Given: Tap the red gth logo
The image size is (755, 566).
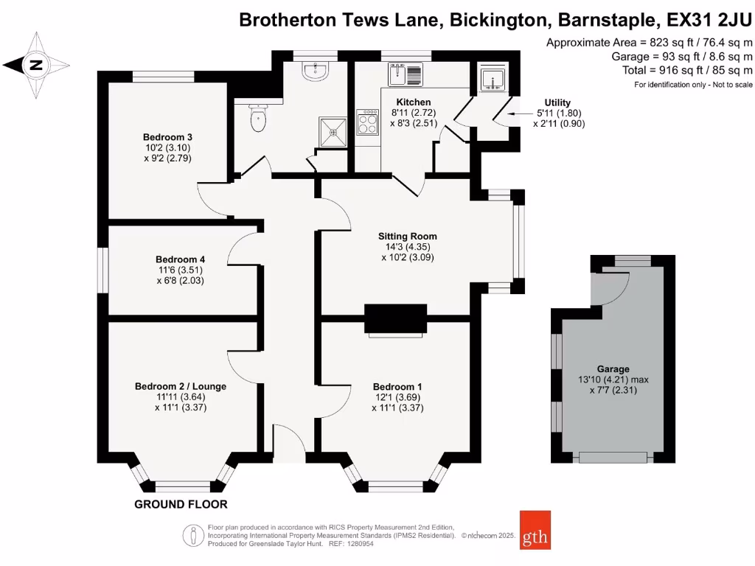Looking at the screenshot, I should pyautogui.click(x=535, y=529).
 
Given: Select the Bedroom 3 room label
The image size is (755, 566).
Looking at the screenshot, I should pyautogui.click(x=168, y=137).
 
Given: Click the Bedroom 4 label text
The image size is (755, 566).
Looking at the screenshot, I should pyautogui.click(x=180, y=259).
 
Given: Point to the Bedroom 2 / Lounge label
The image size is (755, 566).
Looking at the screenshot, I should pyautogui.click(x=181, y=386).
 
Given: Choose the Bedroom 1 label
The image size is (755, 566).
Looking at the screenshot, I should pyautogui.click(x=397, y=387).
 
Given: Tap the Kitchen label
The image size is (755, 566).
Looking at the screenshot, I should pyautogui.click(x=414, y=102).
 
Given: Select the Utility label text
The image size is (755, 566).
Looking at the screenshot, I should pyautogui.click(x=557, y=103).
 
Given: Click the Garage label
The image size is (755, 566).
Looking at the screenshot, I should pyautogui.click(x=613, y=369).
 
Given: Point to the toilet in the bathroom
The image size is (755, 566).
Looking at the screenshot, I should pyautogui.click(x=257, y=119).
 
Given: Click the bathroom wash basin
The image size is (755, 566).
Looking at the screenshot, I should pyautogui.click(x=317, y=71).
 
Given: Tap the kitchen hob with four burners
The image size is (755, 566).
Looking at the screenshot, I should pyautogui.click(x=366, y=122).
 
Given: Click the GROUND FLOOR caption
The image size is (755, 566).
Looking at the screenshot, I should pyautogui.click(x=181, y=505).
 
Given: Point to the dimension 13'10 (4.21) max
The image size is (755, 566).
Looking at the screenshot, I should pyautogui.click(x=613, y=380).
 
